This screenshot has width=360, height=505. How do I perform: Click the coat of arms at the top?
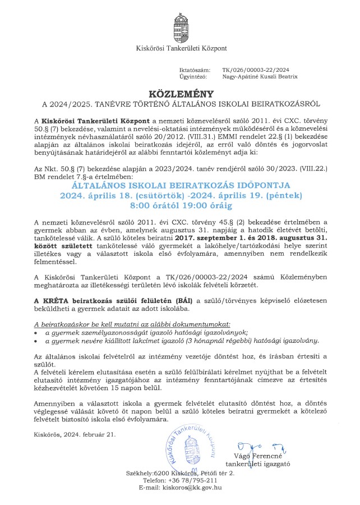pyautogui.click(x=180, y=25)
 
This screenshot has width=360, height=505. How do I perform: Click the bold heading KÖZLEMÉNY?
pyautogui.click(x=179, y=93)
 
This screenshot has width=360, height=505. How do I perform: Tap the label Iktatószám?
pyautogui.click(x=193, y=70)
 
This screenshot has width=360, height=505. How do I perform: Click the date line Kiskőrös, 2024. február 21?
pyautogui.click(x=75, y=434)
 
